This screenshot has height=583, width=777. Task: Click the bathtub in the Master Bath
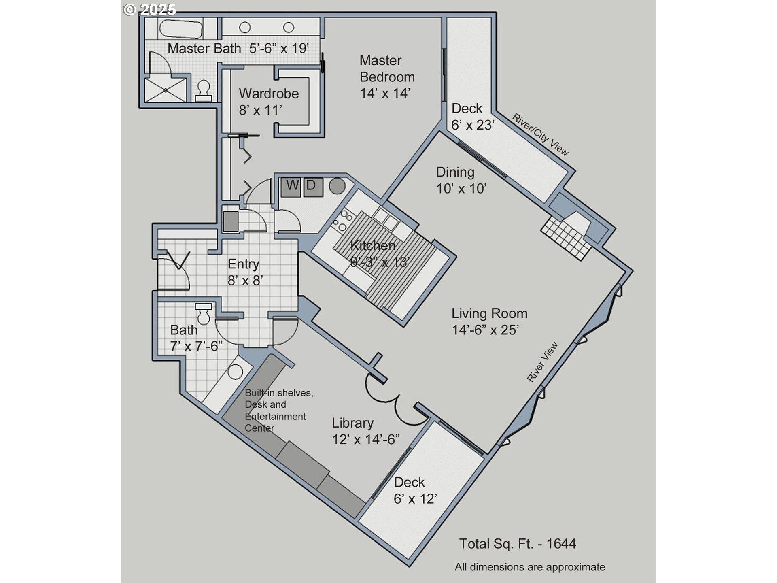180,28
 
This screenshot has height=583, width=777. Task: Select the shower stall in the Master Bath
166,89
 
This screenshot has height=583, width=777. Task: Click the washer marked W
291,187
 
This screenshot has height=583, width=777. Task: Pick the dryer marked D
313,187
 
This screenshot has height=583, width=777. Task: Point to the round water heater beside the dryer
337,186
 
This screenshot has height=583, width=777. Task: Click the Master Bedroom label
387,77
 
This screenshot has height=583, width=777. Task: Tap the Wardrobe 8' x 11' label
269,102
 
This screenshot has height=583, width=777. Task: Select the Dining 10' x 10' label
461,180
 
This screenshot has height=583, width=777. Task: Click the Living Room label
489,313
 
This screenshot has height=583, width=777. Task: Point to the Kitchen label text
373,245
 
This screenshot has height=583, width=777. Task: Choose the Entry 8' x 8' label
245,272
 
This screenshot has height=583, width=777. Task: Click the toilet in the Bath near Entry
203,313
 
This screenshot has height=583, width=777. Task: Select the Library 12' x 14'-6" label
366,431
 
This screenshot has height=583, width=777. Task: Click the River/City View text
541,134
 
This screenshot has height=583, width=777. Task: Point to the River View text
542,362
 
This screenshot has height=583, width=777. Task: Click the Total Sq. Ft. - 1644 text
518,544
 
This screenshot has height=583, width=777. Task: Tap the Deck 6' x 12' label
415,491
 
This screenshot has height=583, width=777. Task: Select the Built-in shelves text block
279,410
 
